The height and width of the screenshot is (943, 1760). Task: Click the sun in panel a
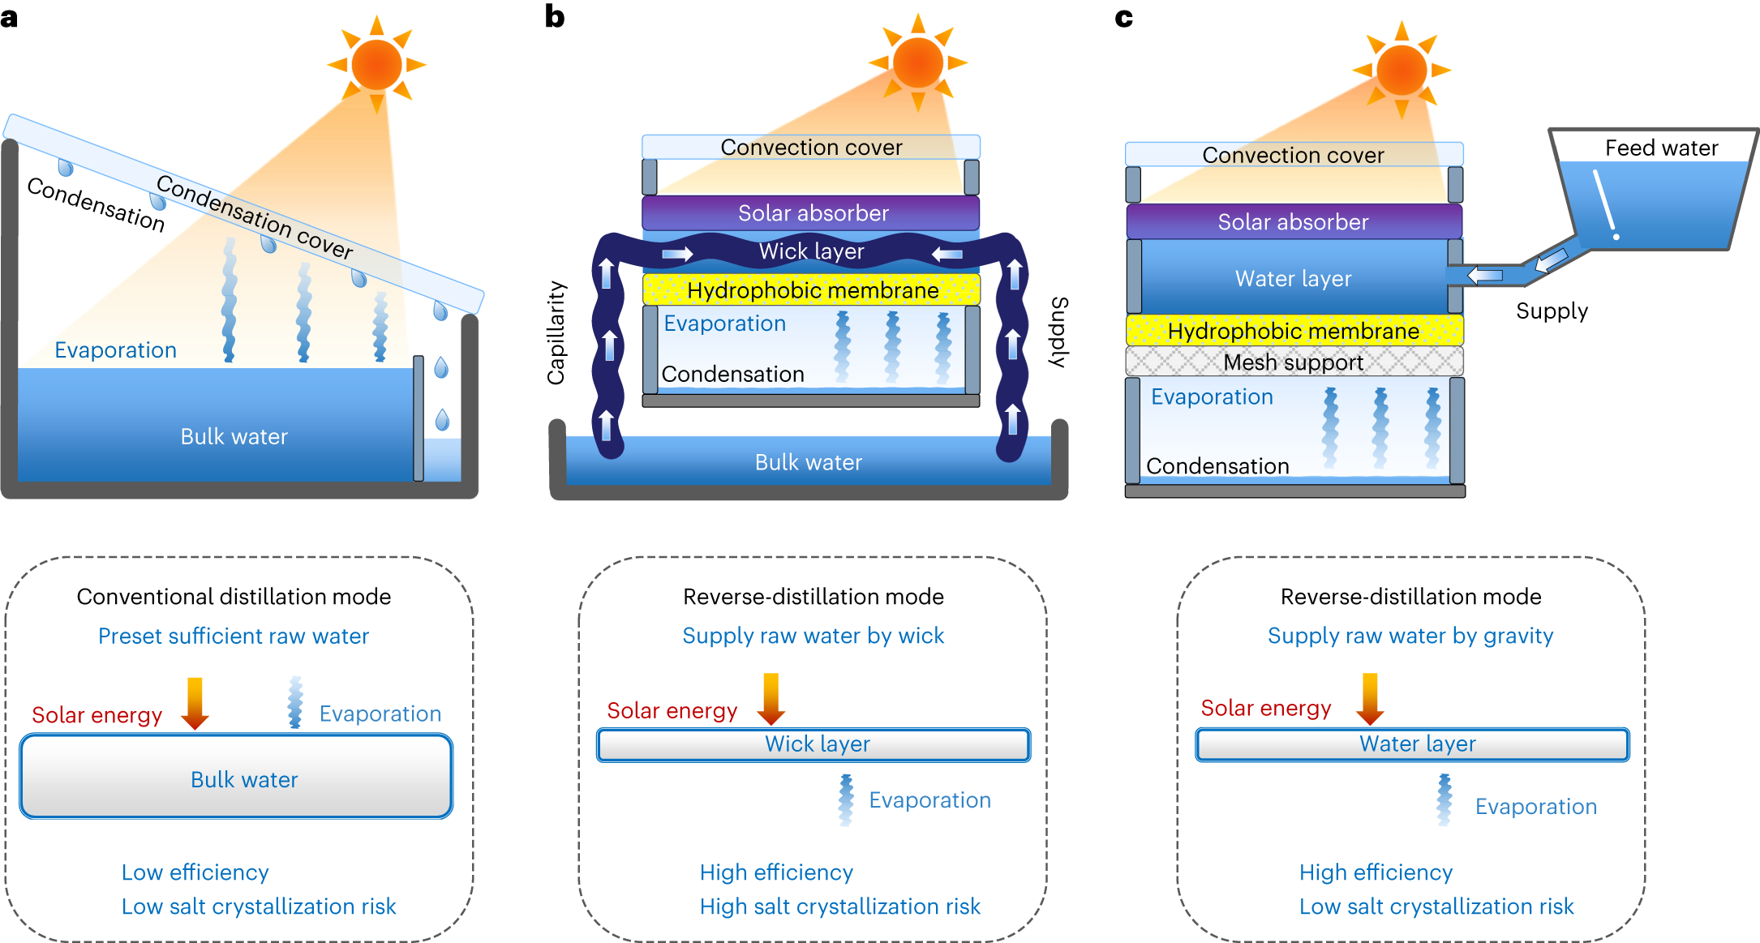[376, 64]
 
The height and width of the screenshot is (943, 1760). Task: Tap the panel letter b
[555, 16]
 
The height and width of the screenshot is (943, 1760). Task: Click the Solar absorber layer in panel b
[811, 213]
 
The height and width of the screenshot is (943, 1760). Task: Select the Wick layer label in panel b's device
[811, 251]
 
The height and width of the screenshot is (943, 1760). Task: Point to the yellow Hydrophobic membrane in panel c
[1294, 331]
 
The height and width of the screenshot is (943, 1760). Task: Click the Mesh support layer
[1294, 362]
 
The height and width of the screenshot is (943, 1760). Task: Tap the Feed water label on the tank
[1661, 148]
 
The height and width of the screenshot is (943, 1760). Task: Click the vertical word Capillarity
[556, 332]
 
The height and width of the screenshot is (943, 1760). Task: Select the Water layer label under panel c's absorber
[1293, 279]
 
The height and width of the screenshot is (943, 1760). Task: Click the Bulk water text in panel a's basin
[234, 436]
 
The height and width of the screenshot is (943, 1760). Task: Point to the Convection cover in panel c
[1293, 155]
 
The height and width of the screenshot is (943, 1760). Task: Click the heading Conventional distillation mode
[234, 597]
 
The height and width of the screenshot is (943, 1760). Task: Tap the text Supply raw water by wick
[813, 636]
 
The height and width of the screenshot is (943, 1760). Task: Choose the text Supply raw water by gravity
[1410, 636]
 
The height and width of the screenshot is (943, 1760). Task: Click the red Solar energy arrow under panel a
[195, 702]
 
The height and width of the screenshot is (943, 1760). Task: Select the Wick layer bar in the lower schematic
[813, 744]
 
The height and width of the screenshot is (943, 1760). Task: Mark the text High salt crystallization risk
[839, 907]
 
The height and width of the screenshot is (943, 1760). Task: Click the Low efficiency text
[195, 872]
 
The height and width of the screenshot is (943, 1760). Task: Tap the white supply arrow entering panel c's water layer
[1485, 276]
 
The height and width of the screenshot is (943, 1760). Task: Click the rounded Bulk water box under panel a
[236, 777]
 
